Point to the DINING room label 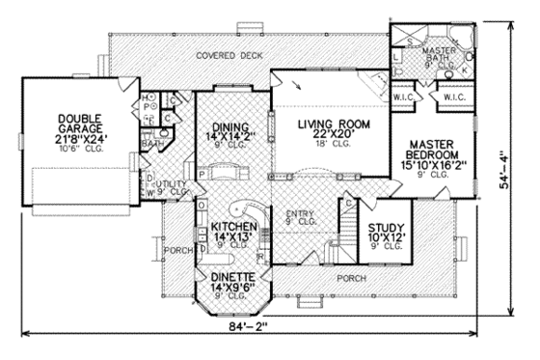pos(230,126)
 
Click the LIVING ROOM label pos(336,123)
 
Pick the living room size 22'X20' pos(336,134)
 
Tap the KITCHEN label pos(231,228)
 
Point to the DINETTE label pos(230,277)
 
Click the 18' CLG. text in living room pos(336,146)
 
